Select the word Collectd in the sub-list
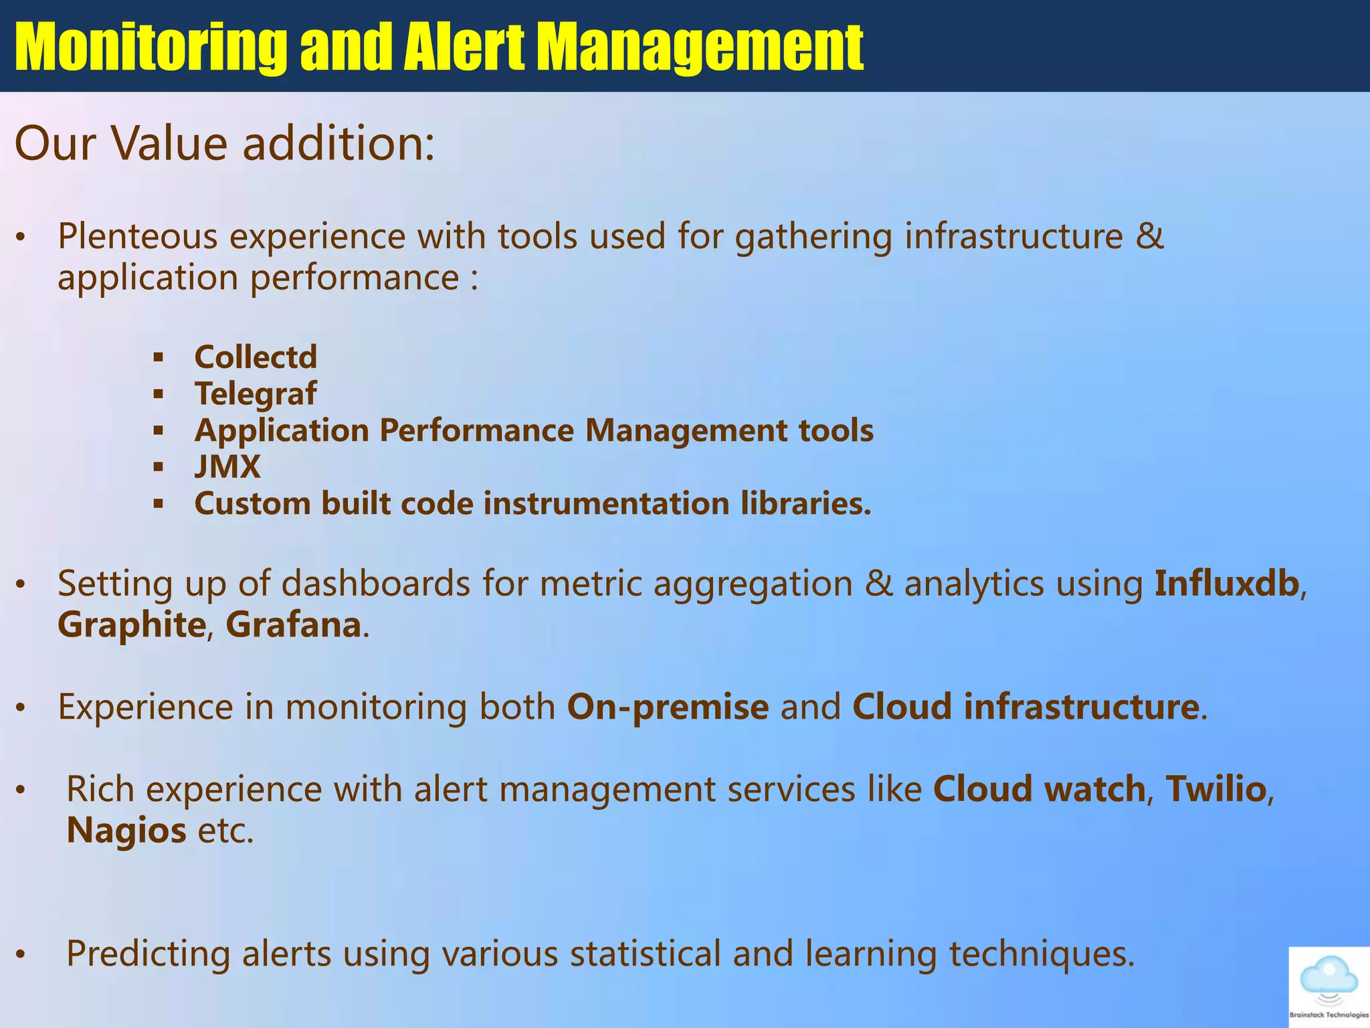pyautogui.click(x=256, y=357)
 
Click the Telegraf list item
pyautogui.click(x=256, y=394)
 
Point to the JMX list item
pyautogui.click(x=227, y=466)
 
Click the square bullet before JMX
pyautogui.click(x=159, y=467)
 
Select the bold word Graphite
pyautogui.click(x=132, y=625)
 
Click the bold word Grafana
pyautogui.click(x=293, y=625)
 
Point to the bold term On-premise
pyautogui.click(x=668, y=707)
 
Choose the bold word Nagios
pyautogui.click(x=126, y=831)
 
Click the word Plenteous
pyautogui.click(x=138, y=236)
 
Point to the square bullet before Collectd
pyautogui.click(x=159, y=357)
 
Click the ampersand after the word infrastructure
pyautogui.click(x=1150, y=236)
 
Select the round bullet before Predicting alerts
pyautogui.click(x=21, y=955)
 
